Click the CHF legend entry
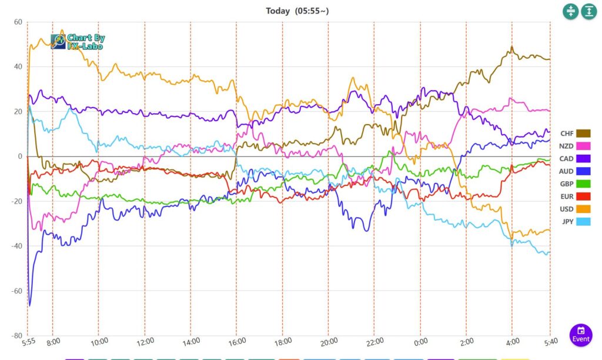575,134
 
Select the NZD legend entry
575,146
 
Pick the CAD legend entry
575,159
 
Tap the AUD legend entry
575,171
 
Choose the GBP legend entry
575,184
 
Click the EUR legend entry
575,196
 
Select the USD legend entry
575,209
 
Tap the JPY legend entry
575,221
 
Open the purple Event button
581,334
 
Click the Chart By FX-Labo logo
78,41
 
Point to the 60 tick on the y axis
18,22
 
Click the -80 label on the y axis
16,335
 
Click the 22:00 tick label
374,341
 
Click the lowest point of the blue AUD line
29,305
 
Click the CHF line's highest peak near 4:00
512,47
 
